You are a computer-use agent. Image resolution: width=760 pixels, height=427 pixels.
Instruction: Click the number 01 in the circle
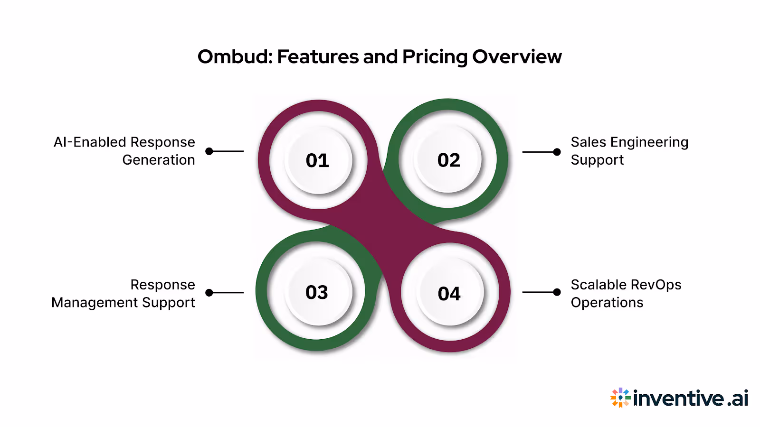[x=317, y=161]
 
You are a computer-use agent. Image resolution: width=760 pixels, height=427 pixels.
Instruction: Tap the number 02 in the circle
[x=449, y=160]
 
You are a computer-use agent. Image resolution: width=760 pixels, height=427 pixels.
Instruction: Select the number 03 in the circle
[x=317, y=292]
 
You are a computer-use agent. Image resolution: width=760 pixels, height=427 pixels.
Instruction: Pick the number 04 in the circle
[x=449, y=294]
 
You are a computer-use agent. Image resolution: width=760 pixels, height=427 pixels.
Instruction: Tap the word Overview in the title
[x=517, y=57]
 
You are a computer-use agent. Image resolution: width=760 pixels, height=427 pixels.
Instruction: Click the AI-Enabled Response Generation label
[x=124, y=151]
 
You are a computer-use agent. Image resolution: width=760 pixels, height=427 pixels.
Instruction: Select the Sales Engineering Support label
[x=629, y=151]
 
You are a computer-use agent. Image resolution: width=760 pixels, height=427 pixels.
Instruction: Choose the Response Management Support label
[x=123, y=294]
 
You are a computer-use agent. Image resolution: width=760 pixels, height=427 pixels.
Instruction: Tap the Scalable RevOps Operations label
[x=626, y=294]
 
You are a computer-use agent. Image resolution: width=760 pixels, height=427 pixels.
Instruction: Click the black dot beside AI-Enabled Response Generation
[x=209, y=151]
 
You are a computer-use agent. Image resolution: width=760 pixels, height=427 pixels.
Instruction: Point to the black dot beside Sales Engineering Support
[x=557, y=152]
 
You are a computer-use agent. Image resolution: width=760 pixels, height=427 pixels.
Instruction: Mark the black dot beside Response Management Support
[x=209, y=293]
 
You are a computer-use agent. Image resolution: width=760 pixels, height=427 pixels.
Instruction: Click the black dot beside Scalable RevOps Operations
[x=557, y=292]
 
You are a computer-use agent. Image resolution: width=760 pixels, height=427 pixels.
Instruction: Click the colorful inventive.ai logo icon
[x=620, y=398]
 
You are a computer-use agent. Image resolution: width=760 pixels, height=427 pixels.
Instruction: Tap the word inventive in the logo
[x=679, y=398]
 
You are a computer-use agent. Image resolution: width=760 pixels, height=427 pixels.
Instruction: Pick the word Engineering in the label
[x=649, y=142]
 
